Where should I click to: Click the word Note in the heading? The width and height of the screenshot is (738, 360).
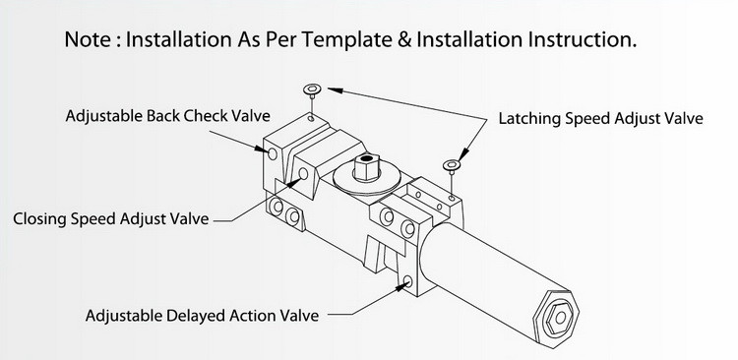point(87,39)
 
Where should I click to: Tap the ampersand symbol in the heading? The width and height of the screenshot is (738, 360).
point(404,39)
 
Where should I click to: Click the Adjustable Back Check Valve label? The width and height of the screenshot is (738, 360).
point(168,116)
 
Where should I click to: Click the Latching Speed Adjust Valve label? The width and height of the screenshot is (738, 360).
point(600,118)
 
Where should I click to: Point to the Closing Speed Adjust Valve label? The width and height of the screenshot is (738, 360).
point(110,218)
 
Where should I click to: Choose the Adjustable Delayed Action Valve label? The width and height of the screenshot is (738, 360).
point(202,316)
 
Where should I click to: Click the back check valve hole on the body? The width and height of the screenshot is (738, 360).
point(272,153)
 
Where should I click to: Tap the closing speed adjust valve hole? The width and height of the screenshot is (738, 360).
point(304,174)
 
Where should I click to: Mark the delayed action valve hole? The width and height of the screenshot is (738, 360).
point(407,281)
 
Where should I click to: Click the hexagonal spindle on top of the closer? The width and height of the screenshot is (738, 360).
point(367,166)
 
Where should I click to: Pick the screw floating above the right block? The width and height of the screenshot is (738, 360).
point(452,167)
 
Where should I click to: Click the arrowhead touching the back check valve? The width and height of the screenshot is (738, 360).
point(261,149)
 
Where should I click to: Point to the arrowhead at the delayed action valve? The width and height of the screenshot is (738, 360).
point(400,286)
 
